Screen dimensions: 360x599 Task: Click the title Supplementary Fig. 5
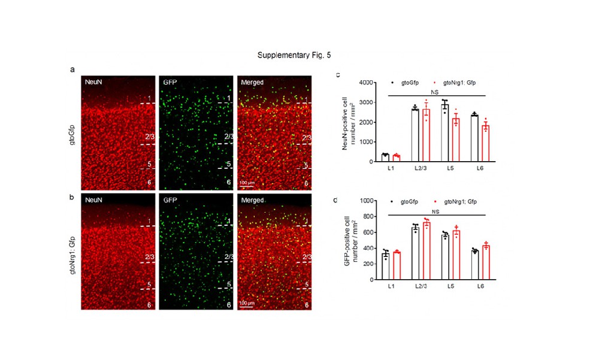[x=294, y=56]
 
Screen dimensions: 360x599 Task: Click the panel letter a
[x=72, y=69]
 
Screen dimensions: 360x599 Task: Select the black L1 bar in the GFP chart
[x=386, y=267]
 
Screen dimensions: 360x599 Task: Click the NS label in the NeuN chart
[x=435, y=92]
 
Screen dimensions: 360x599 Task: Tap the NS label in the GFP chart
[x=435, y=211]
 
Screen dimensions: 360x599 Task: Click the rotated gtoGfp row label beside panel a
[x=72, y=132]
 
